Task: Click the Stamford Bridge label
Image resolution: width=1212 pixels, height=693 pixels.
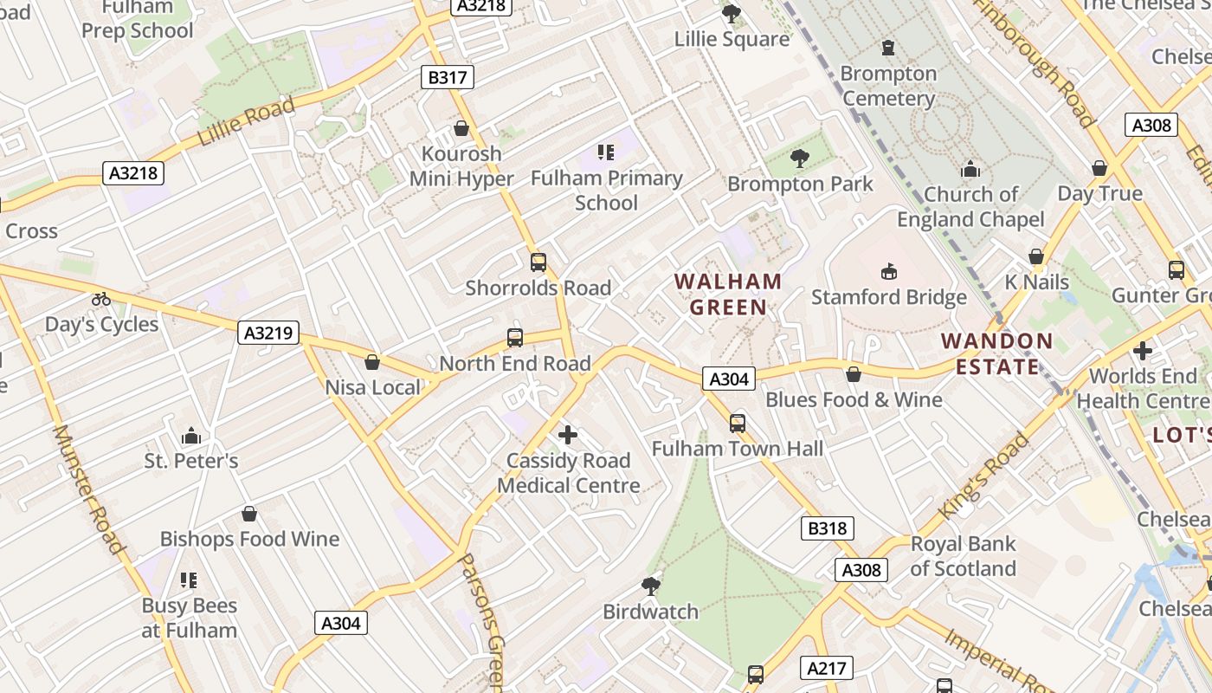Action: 888,297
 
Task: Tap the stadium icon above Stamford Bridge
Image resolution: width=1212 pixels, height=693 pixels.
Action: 888,272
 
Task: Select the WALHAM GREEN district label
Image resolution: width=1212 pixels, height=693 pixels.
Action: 728,294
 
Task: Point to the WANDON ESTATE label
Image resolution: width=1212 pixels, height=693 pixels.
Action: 997,353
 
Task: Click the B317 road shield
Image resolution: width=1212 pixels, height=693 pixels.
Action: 448,77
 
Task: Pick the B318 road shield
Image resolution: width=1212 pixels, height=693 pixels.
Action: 828,528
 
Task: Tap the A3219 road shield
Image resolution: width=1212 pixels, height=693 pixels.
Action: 268,332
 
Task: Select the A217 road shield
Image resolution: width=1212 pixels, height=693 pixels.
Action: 828,668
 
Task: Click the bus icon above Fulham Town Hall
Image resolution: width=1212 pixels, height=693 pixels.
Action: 738,423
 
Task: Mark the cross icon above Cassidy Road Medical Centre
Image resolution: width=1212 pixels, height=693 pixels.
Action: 568,434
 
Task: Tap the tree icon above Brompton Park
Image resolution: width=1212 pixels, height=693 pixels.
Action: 799,158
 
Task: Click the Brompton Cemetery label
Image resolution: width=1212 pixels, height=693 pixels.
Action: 888,86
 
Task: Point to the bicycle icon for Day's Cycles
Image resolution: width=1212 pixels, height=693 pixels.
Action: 101,299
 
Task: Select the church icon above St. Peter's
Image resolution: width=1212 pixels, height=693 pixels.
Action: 191,435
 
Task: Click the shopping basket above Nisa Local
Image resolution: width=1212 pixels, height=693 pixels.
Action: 372,361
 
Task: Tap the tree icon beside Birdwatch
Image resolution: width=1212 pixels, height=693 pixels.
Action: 651,586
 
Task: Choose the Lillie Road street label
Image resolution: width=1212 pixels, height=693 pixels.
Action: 246,123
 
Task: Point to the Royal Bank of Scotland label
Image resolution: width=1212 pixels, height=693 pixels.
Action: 963,556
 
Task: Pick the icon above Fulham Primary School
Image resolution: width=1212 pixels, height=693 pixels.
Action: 606,152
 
